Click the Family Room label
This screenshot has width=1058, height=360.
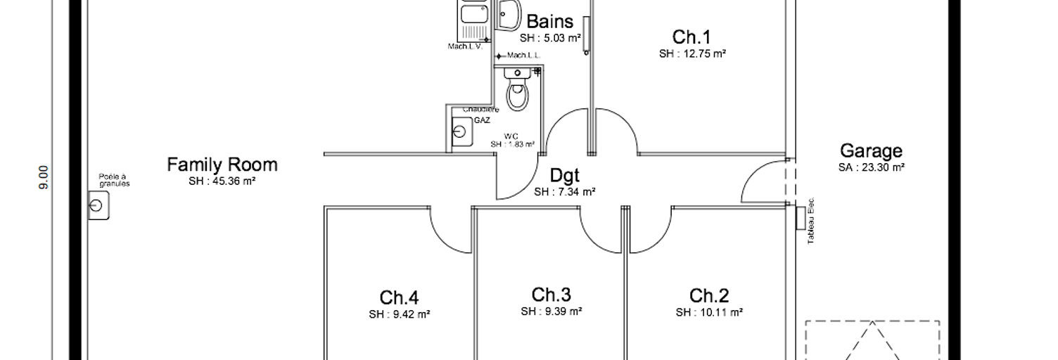tap(222, 165)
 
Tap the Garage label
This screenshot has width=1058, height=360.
tap(871, 151)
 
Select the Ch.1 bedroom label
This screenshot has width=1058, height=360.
tap(691, 37)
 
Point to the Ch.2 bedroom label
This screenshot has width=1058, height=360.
tap(708, 295)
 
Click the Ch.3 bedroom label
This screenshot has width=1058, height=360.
tap(551, 294)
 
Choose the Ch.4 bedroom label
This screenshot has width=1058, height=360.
tap(399, 297)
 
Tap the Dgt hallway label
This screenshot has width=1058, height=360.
tap(564, 175)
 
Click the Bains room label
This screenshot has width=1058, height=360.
tap(549, 22)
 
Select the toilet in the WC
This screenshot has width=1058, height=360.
tap(518, 95)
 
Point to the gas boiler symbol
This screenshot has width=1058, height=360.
tap(461, 131)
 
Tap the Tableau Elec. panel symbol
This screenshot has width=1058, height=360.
tap(800, 218)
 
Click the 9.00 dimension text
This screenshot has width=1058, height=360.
tap(44, 177)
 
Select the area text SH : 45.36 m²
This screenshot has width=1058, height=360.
tap(222, 181)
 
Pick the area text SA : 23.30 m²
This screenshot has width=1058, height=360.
tap(871, 167)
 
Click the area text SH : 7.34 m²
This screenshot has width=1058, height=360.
tap(564, 191)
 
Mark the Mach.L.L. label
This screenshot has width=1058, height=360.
tap(523, 56)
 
